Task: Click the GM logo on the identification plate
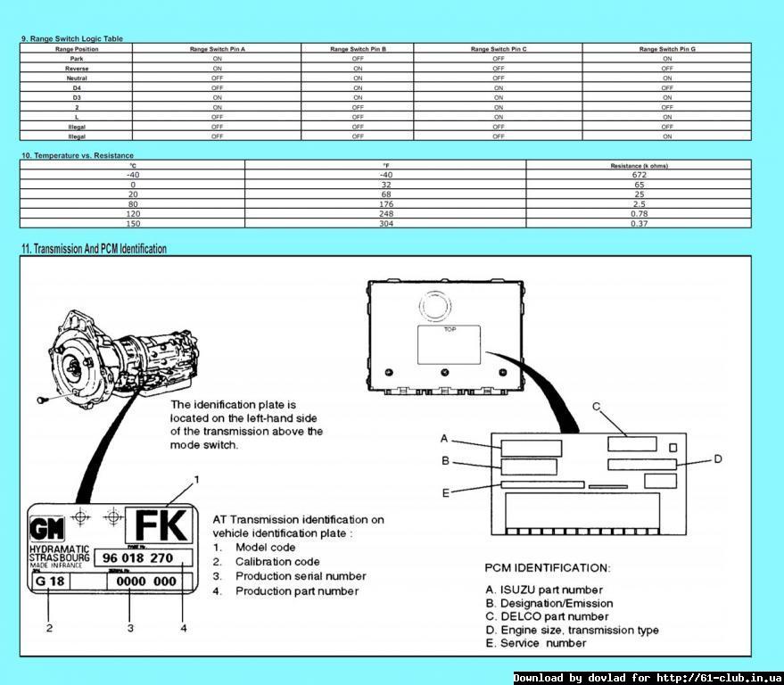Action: point(43,525)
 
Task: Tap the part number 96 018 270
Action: point(137,557)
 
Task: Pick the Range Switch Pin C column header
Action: point(498,49)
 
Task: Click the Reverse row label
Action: point(77,69)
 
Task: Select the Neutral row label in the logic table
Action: point(77,78)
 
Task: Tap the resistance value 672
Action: point(639,175)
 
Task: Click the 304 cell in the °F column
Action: point(385,223)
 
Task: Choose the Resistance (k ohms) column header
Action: point(639,165)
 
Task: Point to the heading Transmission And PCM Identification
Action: point(94,249)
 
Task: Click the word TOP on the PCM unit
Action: point(450,329)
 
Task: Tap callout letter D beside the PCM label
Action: point(717,459)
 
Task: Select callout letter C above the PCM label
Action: point(597,407)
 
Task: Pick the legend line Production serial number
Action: point(301,576)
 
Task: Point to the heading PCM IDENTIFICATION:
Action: point(548,567)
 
